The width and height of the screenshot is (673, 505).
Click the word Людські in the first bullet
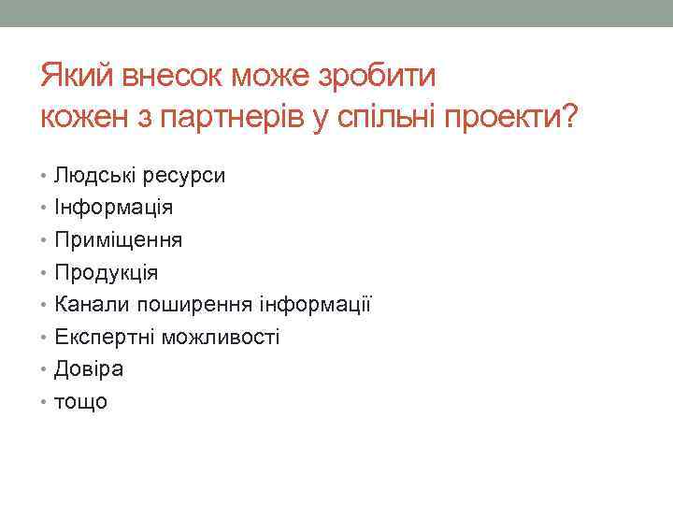pos(93,175)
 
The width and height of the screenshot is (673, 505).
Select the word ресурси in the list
pos(182,175)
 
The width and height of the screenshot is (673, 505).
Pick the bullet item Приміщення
pos(119,239)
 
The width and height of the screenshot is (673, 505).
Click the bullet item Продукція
pos(107,272)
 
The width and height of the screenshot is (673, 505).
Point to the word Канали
pos(93,304)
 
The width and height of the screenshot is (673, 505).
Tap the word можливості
pos(221,337)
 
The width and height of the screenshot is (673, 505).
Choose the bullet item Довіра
pos(89,368)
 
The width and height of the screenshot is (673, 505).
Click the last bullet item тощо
pos(81,402)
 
